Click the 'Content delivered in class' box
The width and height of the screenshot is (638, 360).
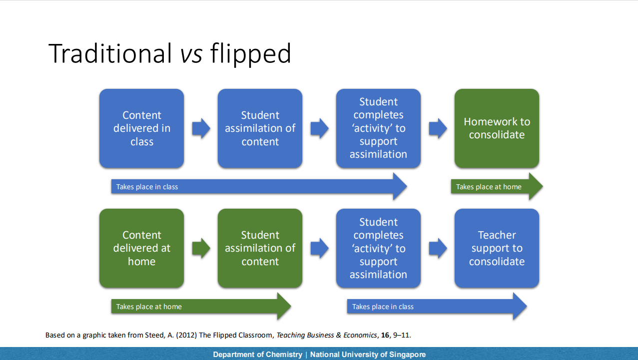(141, 128)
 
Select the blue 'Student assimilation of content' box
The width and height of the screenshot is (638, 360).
(260, 128)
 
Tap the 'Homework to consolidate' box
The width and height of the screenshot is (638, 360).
(497, 128)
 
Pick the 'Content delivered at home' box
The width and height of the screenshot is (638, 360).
(141, 248)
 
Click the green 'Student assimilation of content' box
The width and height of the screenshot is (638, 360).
(260, 248)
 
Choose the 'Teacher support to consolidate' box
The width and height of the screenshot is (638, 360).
(497, 248)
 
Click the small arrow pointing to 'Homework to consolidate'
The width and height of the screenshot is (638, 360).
(438, 128)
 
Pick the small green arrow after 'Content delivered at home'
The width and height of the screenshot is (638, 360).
(201, 248)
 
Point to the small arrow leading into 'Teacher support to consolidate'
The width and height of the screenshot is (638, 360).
(438, 248)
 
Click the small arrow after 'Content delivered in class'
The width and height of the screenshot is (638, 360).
(201, 128)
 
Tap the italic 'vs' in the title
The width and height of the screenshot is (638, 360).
(191, 53)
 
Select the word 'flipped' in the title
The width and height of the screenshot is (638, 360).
(250, 54)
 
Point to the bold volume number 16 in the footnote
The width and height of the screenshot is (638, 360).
(385, 335)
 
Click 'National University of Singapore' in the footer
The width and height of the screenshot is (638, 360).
(368, 355)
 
